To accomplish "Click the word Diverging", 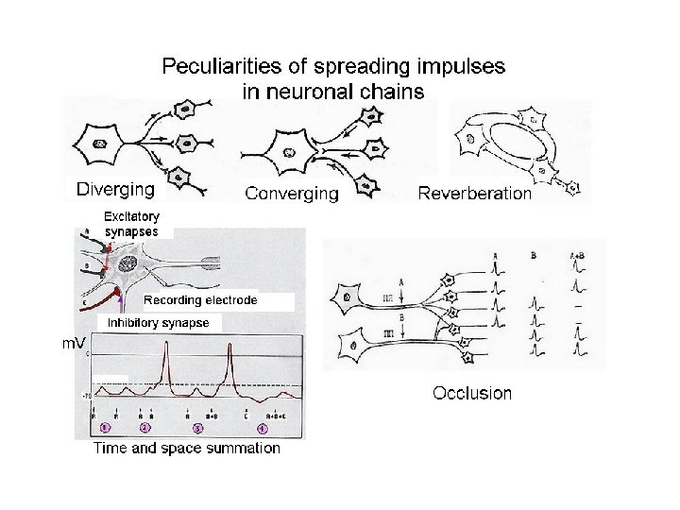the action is pyautogui.click(x=115, y=190).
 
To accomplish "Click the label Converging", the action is pyautogui.click(x=291, y=194).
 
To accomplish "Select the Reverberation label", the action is pyautogui.click(x=475, y=194).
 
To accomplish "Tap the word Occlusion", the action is pyautogui.click(x=472, y=393).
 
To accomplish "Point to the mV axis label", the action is pyautogui.click(x=76, y=344).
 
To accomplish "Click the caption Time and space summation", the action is pyautogui.click(x=186, y=449).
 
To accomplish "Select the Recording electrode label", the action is pyautogui.click(x=200, y=300).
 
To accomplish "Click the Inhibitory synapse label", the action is pyautogui.click(x=158, y=323).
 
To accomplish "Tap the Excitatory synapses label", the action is pyautogui.click(x=132, y=223).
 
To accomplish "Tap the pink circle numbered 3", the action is pyautogui.click(x=198, y=428).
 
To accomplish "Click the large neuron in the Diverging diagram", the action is pyautogui.click(x=101, y=144).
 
